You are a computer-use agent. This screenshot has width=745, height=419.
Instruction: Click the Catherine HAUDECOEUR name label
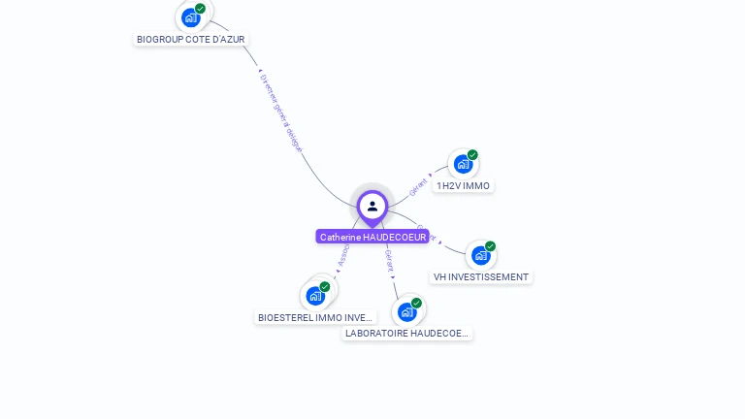(x=372, y=237)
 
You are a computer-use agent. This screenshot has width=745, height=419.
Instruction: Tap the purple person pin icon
(x=372, y=207)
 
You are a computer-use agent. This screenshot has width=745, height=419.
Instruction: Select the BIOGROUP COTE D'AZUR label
(x=191, y=40)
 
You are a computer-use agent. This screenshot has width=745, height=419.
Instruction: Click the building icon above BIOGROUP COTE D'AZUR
(x=191, y=17)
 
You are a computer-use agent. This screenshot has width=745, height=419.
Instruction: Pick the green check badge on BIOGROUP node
(x=200, y=9)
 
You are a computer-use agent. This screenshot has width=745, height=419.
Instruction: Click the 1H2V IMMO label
(x=463, y=185)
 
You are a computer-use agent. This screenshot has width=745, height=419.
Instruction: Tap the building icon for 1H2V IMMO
(x=463, y=164)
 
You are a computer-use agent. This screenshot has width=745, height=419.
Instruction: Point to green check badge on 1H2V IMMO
(x=472, y=155)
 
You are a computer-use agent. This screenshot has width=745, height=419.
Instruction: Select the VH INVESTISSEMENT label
(x=481, y=276)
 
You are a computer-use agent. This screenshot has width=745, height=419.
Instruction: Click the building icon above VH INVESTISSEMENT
(x=480, y=256)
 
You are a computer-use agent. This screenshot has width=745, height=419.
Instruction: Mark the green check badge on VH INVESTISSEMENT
(x=490, y=246)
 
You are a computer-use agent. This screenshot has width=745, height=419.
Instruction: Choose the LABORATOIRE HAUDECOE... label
(x=407, y=333)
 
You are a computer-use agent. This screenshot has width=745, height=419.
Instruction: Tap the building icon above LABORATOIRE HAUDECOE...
(x=406, y=312)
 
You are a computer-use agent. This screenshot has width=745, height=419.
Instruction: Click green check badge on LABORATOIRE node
(x=416, y=304)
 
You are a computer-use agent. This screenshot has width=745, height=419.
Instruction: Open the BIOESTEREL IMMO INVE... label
(x=315, y=317)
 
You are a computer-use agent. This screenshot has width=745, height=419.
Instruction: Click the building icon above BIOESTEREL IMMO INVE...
(x=315, y=296)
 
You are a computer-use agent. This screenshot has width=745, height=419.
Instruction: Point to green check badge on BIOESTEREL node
(x=325, y=287)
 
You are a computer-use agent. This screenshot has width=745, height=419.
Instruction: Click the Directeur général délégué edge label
(x=281, y=113)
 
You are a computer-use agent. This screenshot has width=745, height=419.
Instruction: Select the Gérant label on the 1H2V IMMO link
(x=419, y=186)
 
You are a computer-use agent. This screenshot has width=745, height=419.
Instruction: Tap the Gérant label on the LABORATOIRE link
(x=389, y=259)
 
